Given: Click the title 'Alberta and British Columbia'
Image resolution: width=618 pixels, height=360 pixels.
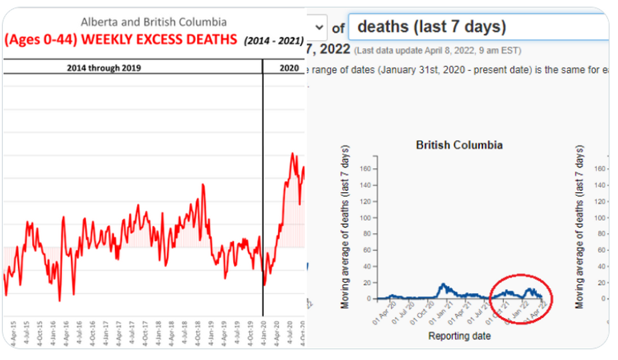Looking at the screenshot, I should click(154, 23).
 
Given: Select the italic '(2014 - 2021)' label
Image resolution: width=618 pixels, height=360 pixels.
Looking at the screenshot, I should click(273, 41).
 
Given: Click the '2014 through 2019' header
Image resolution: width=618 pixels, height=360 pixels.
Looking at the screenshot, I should click(104, 67).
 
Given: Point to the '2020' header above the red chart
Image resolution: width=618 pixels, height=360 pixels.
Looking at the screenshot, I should click(289, 67).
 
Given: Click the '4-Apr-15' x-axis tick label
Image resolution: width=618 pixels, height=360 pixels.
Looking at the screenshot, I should click(13, 334).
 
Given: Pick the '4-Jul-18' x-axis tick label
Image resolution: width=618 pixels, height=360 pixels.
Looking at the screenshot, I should click(185, 334).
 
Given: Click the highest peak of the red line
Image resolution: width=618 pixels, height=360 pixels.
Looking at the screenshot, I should click(293, 154).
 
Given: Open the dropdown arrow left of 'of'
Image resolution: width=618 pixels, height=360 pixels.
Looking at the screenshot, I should click(319, 27).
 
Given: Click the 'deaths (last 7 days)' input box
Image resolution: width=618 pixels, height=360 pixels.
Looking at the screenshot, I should click(478, 27).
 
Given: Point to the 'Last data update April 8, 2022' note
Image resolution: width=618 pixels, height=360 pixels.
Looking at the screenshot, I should click(438, 50).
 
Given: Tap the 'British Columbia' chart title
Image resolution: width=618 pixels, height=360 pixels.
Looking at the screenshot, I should click(459, 145).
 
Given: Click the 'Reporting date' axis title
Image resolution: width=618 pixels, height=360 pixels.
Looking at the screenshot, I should click(459, 336).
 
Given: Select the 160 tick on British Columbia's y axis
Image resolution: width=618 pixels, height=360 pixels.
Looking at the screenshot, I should click(365, 168).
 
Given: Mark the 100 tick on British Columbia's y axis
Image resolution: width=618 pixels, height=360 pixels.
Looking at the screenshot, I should click(365, 218).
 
